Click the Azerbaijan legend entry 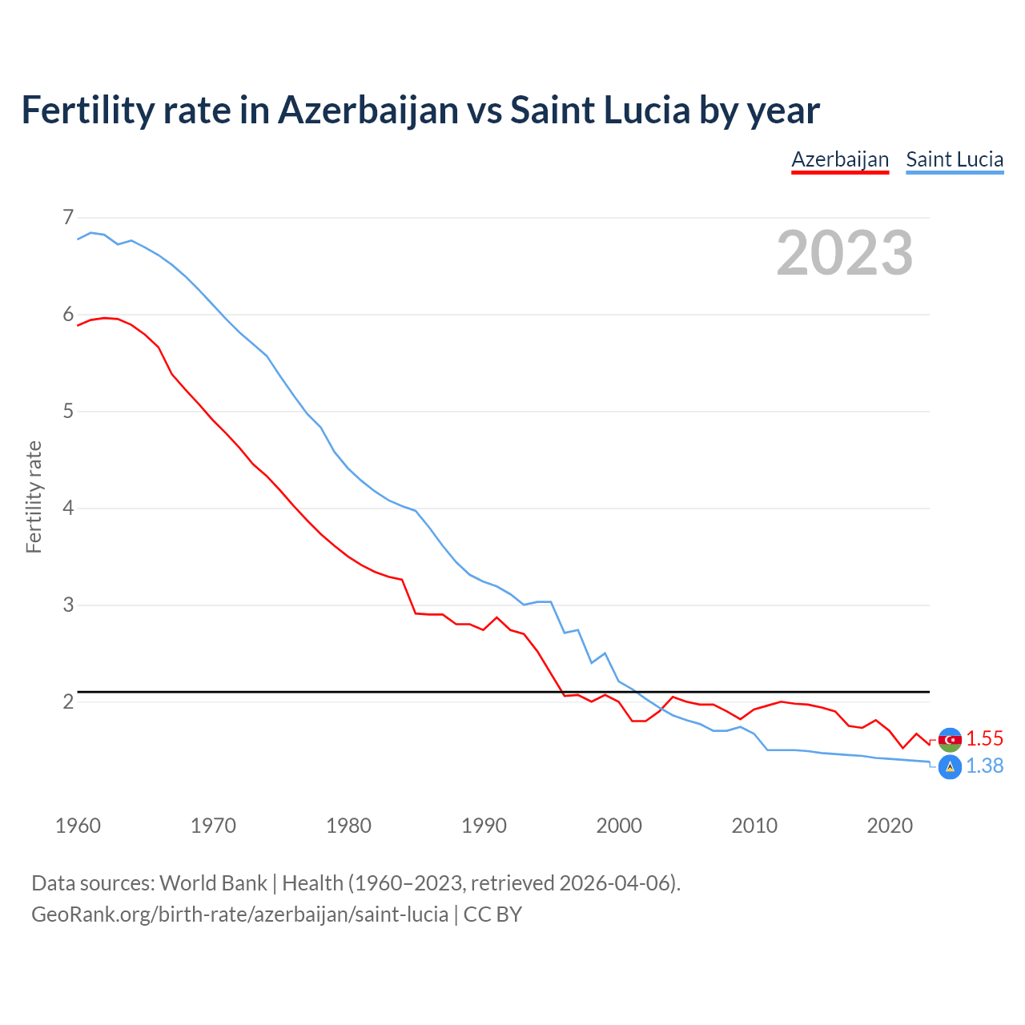coord(840,159)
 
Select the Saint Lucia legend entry coord(955,159)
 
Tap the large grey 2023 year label coord(844,253)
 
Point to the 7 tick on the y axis coord(68,217)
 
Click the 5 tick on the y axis coord(68,412)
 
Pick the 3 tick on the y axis coord(68,605)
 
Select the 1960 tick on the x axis coord(78,826)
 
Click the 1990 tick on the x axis coord(484,826)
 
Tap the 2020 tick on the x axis coord(890,826)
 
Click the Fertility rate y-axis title coord(34,496)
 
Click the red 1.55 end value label coord(984,738)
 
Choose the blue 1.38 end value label coord(984,766)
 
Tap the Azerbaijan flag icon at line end coord(950,739)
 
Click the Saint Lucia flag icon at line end coord(950,766)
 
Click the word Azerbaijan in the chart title coord(368,111)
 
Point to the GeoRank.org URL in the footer coord(239,914)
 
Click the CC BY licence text coord(492,914)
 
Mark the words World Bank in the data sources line coord(213,883)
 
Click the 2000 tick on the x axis coord(619,826)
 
